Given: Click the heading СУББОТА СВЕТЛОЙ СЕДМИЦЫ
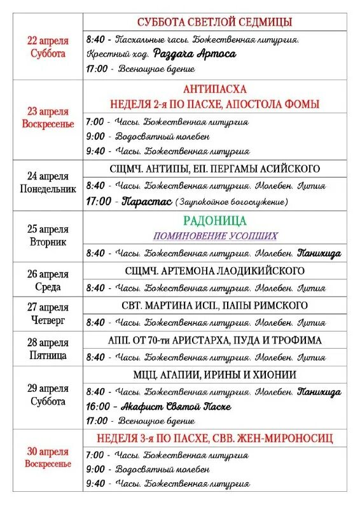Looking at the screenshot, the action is click(x=214, y=22).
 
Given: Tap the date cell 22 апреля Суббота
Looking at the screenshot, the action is click(x=48, y=47).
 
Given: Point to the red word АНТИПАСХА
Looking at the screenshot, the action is click(x=214, y=89).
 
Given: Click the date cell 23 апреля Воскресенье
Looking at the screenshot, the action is click(x=48, y=118).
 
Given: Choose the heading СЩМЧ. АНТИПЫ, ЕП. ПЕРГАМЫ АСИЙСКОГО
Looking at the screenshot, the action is click(x=214, y=169).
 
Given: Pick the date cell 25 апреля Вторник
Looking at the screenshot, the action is click(x=48, y=235).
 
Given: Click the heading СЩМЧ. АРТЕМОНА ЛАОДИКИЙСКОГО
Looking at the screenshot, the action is click(x=214, y=270).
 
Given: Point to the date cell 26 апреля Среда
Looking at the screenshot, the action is click(x=48, y=281).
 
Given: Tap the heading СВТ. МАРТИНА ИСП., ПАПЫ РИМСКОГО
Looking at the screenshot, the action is click(x=214, y=305).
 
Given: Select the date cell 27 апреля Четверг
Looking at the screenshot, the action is click(x=48, y=314).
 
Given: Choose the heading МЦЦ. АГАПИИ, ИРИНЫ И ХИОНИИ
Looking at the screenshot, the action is click(x=214, y=375).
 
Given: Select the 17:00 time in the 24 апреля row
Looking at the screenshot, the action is click(x=98, y=202).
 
